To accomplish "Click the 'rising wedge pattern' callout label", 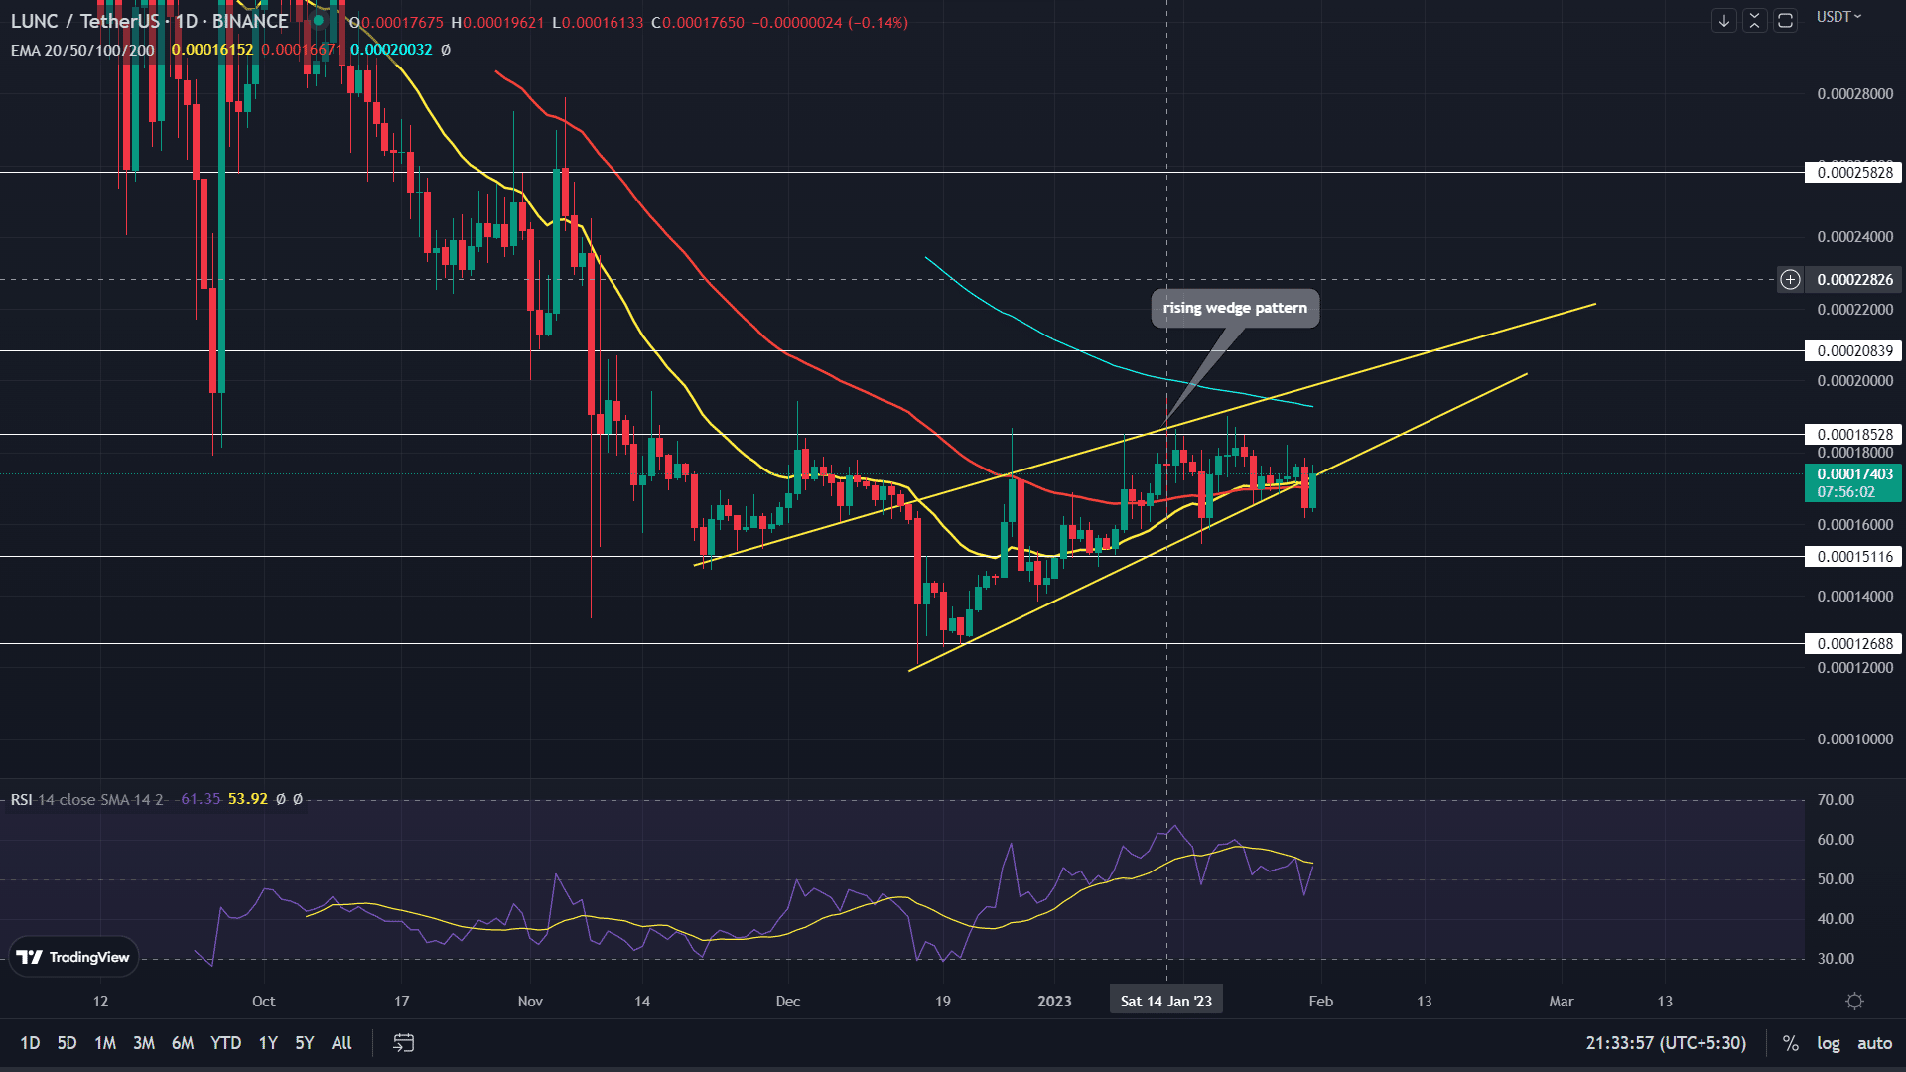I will click(x=1235, y=308).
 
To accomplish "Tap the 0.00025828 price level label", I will click(x=1854, y=173).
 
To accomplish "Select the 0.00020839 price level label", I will click(x=1854, y=351).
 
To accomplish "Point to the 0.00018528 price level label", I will click(x=1854, y=435).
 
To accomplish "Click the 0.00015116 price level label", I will click(x=1854, y=557).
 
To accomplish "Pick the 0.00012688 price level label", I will click(x=1854, y=644).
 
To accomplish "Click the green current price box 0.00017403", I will click(x=1853, y=483).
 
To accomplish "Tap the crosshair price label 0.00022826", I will click(x=1854, y=280).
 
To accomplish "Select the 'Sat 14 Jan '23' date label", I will click(x=1166, y=1001).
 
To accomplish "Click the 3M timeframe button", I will click(x=144, y=1043).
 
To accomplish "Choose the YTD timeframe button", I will click(x=225, y=1043).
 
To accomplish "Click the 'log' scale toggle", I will click(x=1828, y=1043).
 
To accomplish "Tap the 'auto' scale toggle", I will click(x=1874, y=1043).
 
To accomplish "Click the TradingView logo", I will click(x=73, y=957).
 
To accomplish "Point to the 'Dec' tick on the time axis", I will click(x=788, y=1001).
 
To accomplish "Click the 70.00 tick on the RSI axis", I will click(x=1836, y=800).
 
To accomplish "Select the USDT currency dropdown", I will click(x=1838, y=17).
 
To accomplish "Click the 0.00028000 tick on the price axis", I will click(x=1854, y=94).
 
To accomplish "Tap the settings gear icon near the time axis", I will click(x=1854, y=1002).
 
